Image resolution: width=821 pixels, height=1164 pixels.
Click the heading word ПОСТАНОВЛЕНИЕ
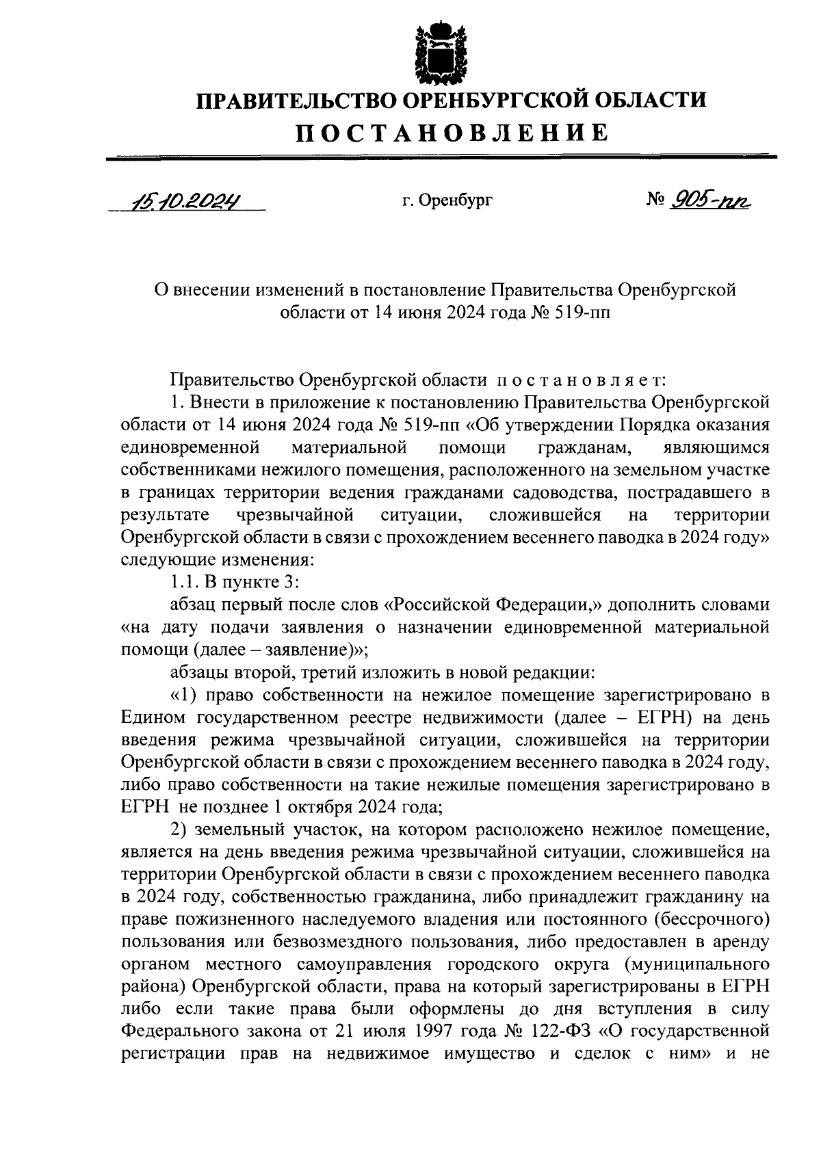452,132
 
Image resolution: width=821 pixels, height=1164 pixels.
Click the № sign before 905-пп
655,200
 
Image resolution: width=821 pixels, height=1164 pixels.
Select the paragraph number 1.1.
185,582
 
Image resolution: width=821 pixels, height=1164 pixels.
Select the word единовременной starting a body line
189,447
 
